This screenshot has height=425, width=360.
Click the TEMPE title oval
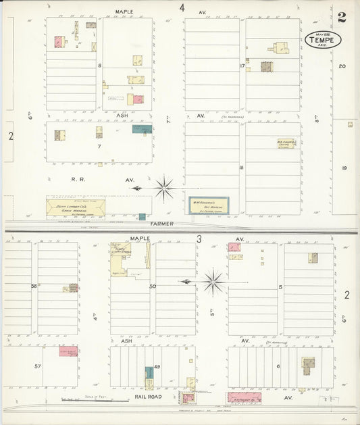[324, 40]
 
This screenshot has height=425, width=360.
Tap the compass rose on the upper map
[164, 188]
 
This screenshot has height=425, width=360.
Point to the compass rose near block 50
[213, 281]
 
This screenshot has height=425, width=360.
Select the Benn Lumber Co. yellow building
[76, 207]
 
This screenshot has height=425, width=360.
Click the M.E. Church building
[286, 143]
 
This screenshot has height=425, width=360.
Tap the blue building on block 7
[142, 129]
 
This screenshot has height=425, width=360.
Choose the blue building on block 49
[149, 372]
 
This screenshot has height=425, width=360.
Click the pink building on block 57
[68, 351]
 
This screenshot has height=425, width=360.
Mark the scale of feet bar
[85, 401]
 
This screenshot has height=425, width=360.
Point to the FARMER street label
[162, 224]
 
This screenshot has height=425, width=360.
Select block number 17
[242, 66]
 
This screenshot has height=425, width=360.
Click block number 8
[99, 66]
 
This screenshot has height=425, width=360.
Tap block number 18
[241, 167]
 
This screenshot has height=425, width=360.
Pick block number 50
[153, 286]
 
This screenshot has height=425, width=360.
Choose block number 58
[33, 286]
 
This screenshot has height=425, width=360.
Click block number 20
[342, 66]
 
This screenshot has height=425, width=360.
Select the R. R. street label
[55, 180]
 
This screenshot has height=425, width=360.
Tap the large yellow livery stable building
[122, 258]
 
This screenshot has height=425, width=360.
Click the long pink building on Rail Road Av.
[244, 398]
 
